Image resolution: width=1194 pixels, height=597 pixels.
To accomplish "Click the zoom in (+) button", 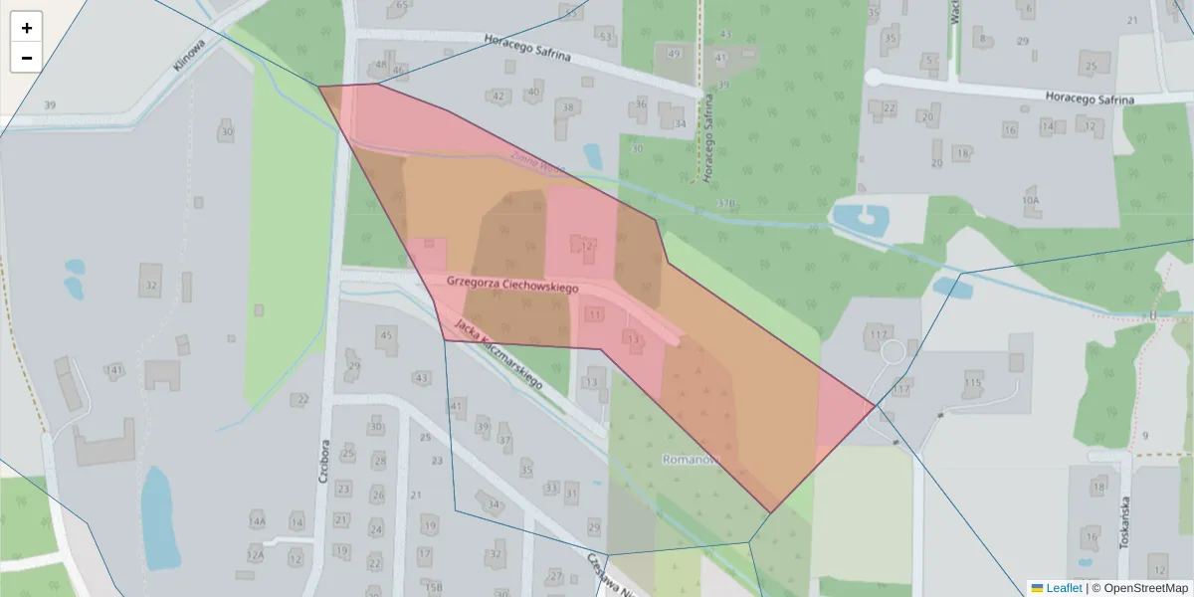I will tap(27, 28).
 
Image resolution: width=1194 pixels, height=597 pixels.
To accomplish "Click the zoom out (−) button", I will tap(27, 58).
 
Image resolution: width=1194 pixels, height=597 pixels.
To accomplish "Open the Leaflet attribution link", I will tap(1064, 588).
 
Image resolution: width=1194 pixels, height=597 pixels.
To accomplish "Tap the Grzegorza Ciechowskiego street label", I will tap(512, 285).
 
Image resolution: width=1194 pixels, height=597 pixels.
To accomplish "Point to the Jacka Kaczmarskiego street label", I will tap(497, 353).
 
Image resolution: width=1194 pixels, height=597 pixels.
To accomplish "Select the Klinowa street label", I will tap(188, 54).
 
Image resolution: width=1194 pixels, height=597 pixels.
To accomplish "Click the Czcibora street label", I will tap(323, 461).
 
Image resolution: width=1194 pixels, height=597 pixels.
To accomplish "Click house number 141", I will tap(115, 370).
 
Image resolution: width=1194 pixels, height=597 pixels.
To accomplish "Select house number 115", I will tap(973, 382).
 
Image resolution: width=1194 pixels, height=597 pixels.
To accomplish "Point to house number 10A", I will tap(1030, 200).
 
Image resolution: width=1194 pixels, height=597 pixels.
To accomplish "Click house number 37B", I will tap(726, 203).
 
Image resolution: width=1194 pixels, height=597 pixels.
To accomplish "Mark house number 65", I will tap(402, 5).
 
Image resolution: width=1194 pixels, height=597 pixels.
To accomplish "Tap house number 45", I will tap(387, 335).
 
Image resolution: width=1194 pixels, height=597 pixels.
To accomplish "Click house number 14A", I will tap(258, 521).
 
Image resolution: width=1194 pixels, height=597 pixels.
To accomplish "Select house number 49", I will tap(675, 53).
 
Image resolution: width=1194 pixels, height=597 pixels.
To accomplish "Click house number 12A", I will tap(256, 554).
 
